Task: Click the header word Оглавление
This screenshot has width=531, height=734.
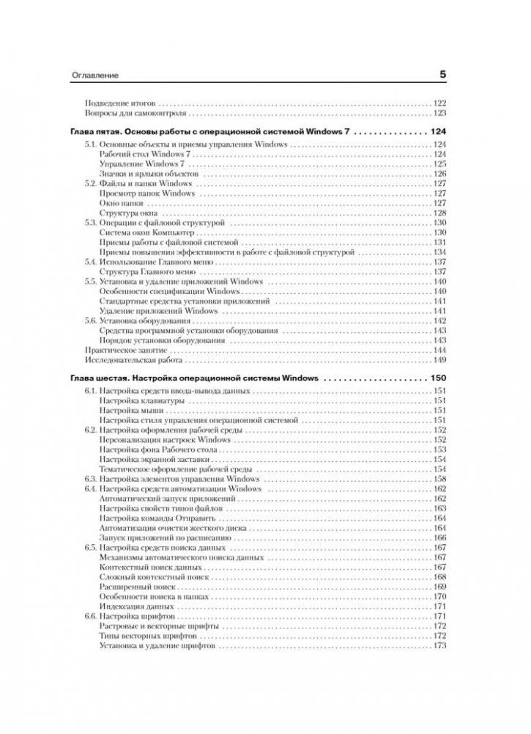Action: (x=94, y=76)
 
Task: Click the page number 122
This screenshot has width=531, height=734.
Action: (x=440, y=103)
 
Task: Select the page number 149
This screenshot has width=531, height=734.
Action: (x=440, y=361)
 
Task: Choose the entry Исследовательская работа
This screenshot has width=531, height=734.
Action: (x=127, y=361)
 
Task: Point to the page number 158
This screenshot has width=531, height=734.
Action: (x=440, y=478)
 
